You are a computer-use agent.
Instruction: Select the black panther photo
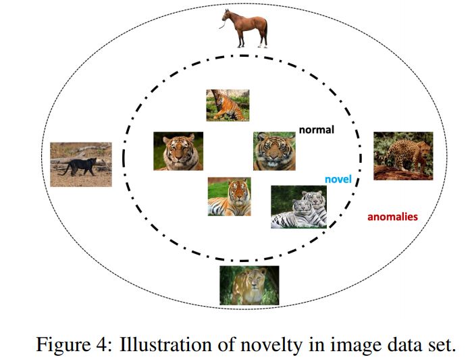[x=80, y=164]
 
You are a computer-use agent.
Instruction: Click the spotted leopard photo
[x=403, y=155]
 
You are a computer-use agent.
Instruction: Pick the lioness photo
[x=249, y=284]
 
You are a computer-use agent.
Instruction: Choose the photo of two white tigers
[x=298, y=207]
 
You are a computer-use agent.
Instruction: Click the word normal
[x=316, y=129]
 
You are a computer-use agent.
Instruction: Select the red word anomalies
[x=392, y=217]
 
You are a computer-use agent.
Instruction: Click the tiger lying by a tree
[x=228, y=105]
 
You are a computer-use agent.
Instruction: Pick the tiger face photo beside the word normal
[x=275, y=151]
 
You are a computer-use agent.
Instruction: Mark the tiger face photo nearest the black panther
[x=178, y=151]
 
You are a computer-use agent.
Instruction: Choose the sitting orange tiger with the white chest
[x=229, y=197]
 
